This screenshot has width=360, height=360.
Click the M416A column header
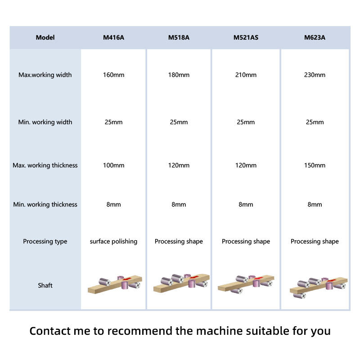point(113,37)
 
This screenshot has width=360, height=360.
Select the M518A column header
point(179,37)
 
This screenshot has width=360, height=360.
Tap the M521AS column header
point(246,37)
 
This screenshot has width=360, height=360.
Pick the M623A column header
point(315,37)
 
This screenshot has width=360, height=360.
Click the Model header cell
point(45,37)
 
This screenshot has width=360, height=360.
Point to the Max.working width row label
point(45,75)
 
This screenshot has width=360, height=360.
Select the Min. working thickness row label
point(45,204)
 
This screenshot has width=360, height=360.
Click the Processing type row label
point(45,242)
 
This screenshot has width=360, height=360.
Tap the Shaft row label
point(45,285)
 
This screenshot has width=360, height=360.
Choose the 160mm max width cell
point(113,75)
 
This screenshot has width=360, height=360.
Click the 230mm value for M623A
point(315,75)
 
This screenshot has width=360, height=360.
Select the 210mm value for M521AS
point(246,75)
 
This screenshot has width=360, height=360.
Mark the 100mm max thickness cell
point(113,165)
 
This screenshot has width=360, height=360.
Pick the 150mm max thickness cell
point(315,165)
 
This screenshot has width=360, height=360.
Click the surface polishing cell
point(113,242)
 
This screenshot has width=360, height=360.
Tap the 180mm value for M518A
point(179,75)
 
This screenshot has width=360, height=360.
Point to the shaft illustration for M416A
point(115,283)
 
